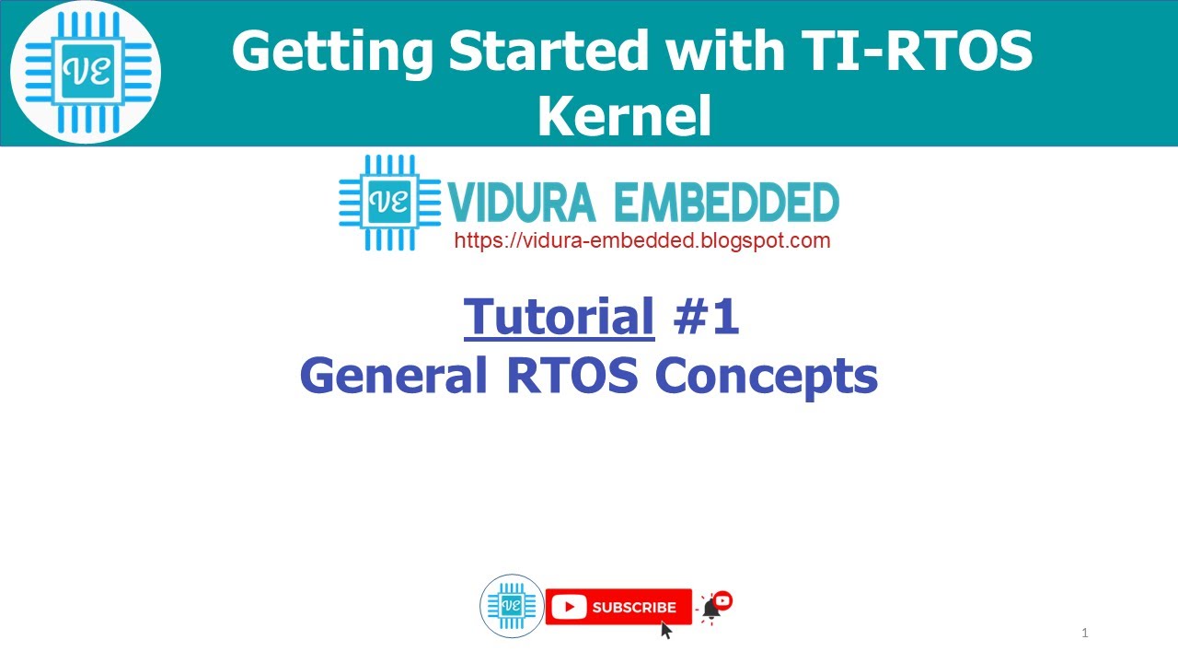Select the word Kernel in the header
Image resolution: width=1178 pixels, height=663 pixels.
click(624, 116)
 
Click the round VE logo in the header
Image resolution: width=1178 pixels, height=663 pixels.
click(86, 73)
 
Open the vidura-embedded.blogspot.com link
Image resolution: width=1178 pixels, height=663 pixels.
click(642, 241)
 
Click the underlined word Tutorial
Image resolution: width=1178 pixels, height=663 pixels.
click(560, 318)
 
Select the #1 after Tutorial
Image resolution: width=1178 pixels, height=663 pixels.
click(706, 318)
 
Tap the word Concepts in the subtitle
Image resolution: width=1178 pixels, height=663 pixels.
click(766, 376)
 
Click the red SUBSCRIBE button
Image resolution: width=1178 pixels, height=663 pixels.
click(618, 607)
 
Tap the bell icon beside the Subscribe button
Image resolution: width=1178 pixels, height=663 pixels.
click(711, 609)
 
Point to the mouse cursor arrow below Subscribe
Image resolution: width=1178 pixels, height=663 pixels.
click(666, 630)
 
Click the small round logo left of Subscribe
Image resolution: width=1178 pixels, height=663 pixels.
click(512, 606)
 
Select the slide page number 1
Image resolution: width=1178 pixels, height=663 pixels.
click(1085, 633)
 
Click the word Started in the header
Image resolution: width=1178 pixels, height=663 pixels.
click(547, 52)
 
